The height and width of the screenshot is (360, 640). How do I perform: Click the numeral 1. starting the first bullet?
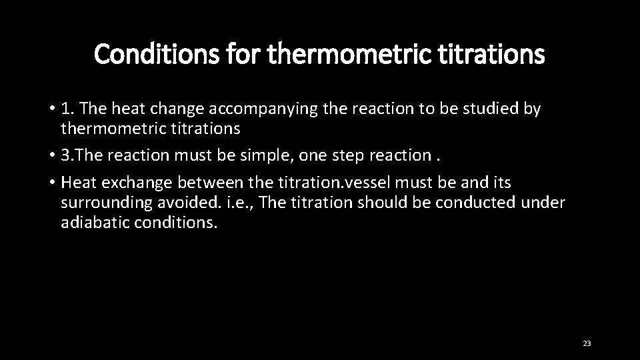click(68, 109)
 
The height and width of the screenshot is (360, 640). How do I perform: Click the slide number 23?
click(587, 343)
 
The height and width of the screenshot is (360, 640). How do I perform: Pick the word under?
click(547, 202)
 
